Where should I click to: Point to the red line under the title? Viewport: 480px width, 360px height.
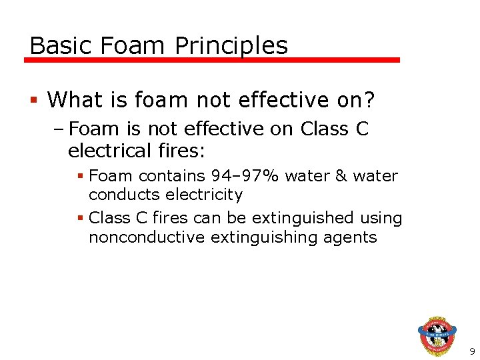pyautogui.click(x=212, y=60)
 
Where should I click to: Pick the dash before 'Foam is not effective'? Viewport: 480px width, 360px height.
pyautogui.click(x=59, y=129)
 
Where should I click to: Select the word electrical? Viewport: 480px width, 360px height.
pyautogui.click(x=107, y=151)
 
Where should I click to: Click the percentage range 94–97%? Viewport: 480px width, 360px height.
pyautogui.click(x=245, y=176)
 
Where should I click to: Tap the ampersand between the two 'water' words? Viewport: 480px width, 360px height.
pyautogui.click(x=341, y=176)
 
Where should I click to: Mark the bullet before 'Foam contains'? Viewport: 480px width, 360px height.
pyautogui.click(x=79, y=176)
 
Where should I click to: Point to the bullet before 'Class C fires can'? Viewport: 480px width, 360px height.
pyautogui.click(x=79, y=218)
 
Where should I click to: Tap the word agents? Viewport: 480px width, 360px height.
pyautogui.click(x=352, y=237)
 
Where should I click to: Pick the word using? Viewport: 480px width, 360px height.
pyautogui.click(x=381, y=218)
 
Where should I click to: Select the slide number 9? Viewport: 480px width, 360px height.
pyautogui.click(x=472, y=351)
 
